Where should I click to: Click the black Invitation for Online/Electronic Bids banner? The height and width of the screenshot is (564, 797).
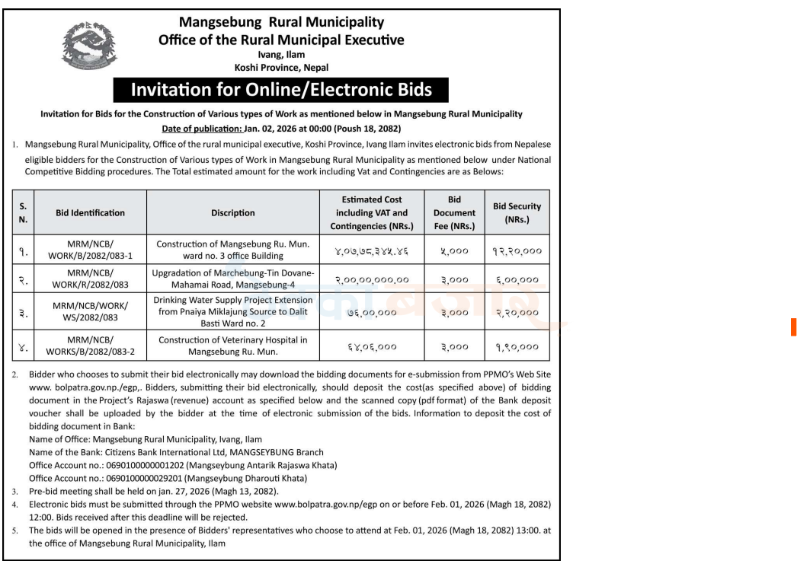point(281,90)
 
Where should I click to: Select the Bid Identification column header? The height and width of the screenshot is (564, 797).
point(90,213)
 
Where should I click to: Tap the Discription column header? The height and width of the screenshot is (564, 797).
point(233,213)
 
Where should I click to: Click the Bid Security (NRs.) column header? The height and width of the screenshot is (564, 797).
point(517,212)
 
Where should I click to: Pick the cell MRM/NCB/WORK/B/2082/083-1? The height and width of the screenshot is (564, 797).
point(90,250)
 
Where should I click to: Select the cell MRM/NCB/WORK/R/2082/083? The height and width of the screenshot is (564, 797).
point(90,279)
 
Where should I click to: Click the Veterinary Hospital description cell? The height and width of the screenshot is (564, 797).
point(233,346)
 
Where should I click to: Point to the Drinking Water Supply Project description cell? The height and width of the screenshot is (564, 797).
point(233,312)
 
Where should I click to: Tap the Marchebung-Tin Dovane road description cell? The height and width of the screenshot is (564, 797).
point(233,279)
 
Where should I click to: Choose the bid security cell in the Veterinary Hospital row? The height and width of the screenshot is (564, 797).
point(517,346)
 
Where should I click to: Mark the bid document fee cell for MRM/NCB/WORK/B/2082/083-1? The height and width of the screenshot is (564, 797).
point(454,250)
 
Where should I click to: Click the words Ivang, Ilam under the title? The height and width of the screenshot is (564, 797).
point(281,55)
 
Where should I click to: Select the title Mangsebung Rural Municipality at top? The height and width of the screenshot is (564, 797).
point(281,23)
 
